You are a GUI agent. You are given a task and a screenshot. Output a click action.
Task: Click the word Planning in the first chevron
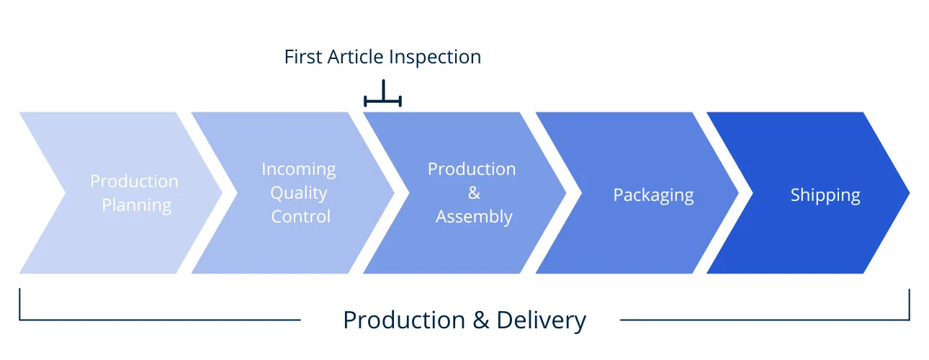tap(137, 206)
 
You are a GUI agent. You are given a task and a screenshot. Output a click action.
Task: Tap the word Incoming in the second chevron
tap(299, 170)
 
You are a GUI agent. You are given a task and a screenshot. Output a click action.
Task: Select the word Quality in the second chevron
tap(299, 194)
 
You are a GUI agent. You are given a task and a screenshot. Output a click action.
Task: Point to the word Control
tap(301, 217)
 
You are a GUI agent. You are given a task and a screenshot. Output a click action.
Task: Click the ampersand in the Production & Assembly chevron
tap(474, 193)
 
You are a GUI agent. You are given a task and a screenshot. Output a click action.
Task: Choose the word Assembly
tap(474, 217)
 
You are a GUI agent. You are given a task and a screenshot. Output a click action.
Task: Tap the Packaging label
tap(653, 195)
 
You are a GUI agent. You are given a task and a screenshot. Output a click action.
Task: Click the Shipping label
tap(825, 195)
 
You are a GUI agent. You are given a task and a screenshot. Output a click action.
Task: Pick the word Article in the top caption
tap(356, 57)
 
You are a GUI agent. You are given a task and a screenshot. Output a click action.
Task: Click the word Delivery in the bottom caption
tap(542, 321)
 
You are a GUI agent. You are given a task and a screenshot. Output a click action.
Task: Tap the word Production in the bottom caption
tap(404, 320)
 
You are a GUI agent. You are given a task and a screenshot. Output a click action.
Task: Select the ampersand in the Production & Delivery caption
tap(480, 320)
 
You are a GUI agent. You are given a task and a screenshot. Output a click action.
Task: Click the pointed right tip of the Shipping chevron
tap(910, 193)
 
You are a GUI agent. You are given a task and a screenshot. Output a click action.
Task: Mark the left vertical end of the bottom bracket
tap(19, 304)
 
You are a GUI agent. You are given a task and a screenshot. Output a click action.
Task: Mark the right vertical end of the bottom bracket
tap(909, 304)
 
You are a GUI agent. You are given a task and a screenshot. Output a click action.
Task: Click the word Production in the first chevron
tap(134, 181)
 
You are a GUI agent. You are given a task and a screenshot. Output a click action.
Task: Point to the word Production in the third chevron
tap(472, 169)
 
